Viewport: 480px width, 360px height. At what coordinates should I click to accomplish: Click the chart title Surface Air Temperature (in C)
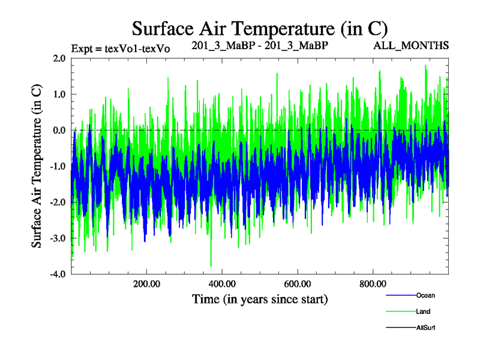(260, 28)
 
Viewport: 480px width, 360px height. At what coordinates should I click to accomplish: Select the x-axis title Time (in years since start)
(260, 299)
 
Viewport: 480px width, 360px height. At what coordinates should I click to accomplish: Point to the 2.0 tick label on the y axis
(59, 58)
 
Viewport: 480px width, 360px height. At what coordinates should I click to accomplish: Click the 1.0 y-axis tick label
(59, 94)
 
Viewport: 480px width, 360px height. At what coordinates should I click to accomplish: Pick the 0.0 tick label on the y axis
(59, 130)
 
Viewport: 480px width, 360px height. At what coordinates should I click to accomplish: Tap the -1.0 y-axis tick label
(58, 166)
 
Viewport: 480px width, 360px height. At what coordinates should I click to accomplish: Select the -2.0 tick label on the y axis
(58, 202)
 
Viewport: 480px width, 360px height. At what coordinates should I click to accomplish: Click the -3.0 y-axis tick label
(58, 238)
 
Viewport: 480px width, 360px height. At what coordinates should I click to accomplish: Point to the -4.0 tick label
(58, 274)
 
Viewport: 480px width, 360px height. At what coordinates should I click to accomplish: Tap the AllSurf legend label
(425, 328)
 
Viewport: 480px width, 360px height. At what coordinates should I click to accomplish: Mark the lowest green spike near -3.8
(211, 265)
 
